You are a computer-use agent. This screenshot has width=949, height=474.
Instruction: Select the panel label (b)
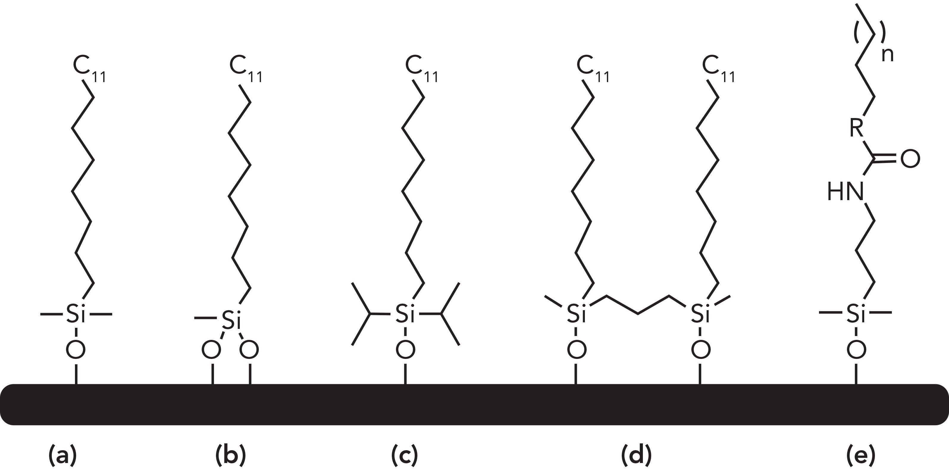coord(230,456)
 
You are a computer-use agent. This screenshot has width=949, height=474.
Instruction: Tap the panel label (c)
coord(404,456)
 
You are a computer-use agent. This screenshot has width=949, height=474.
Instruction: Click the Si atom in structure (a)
coord(76,314)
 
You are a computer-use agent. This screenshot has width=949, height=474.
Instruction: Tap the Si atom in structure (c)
coord(405,314)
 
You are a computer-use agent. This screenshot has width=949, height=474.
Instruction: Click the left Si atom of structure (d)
coord(577,313)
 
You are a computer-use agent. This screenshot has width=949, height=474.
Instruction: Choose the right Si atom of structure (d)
coord(700,313)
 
